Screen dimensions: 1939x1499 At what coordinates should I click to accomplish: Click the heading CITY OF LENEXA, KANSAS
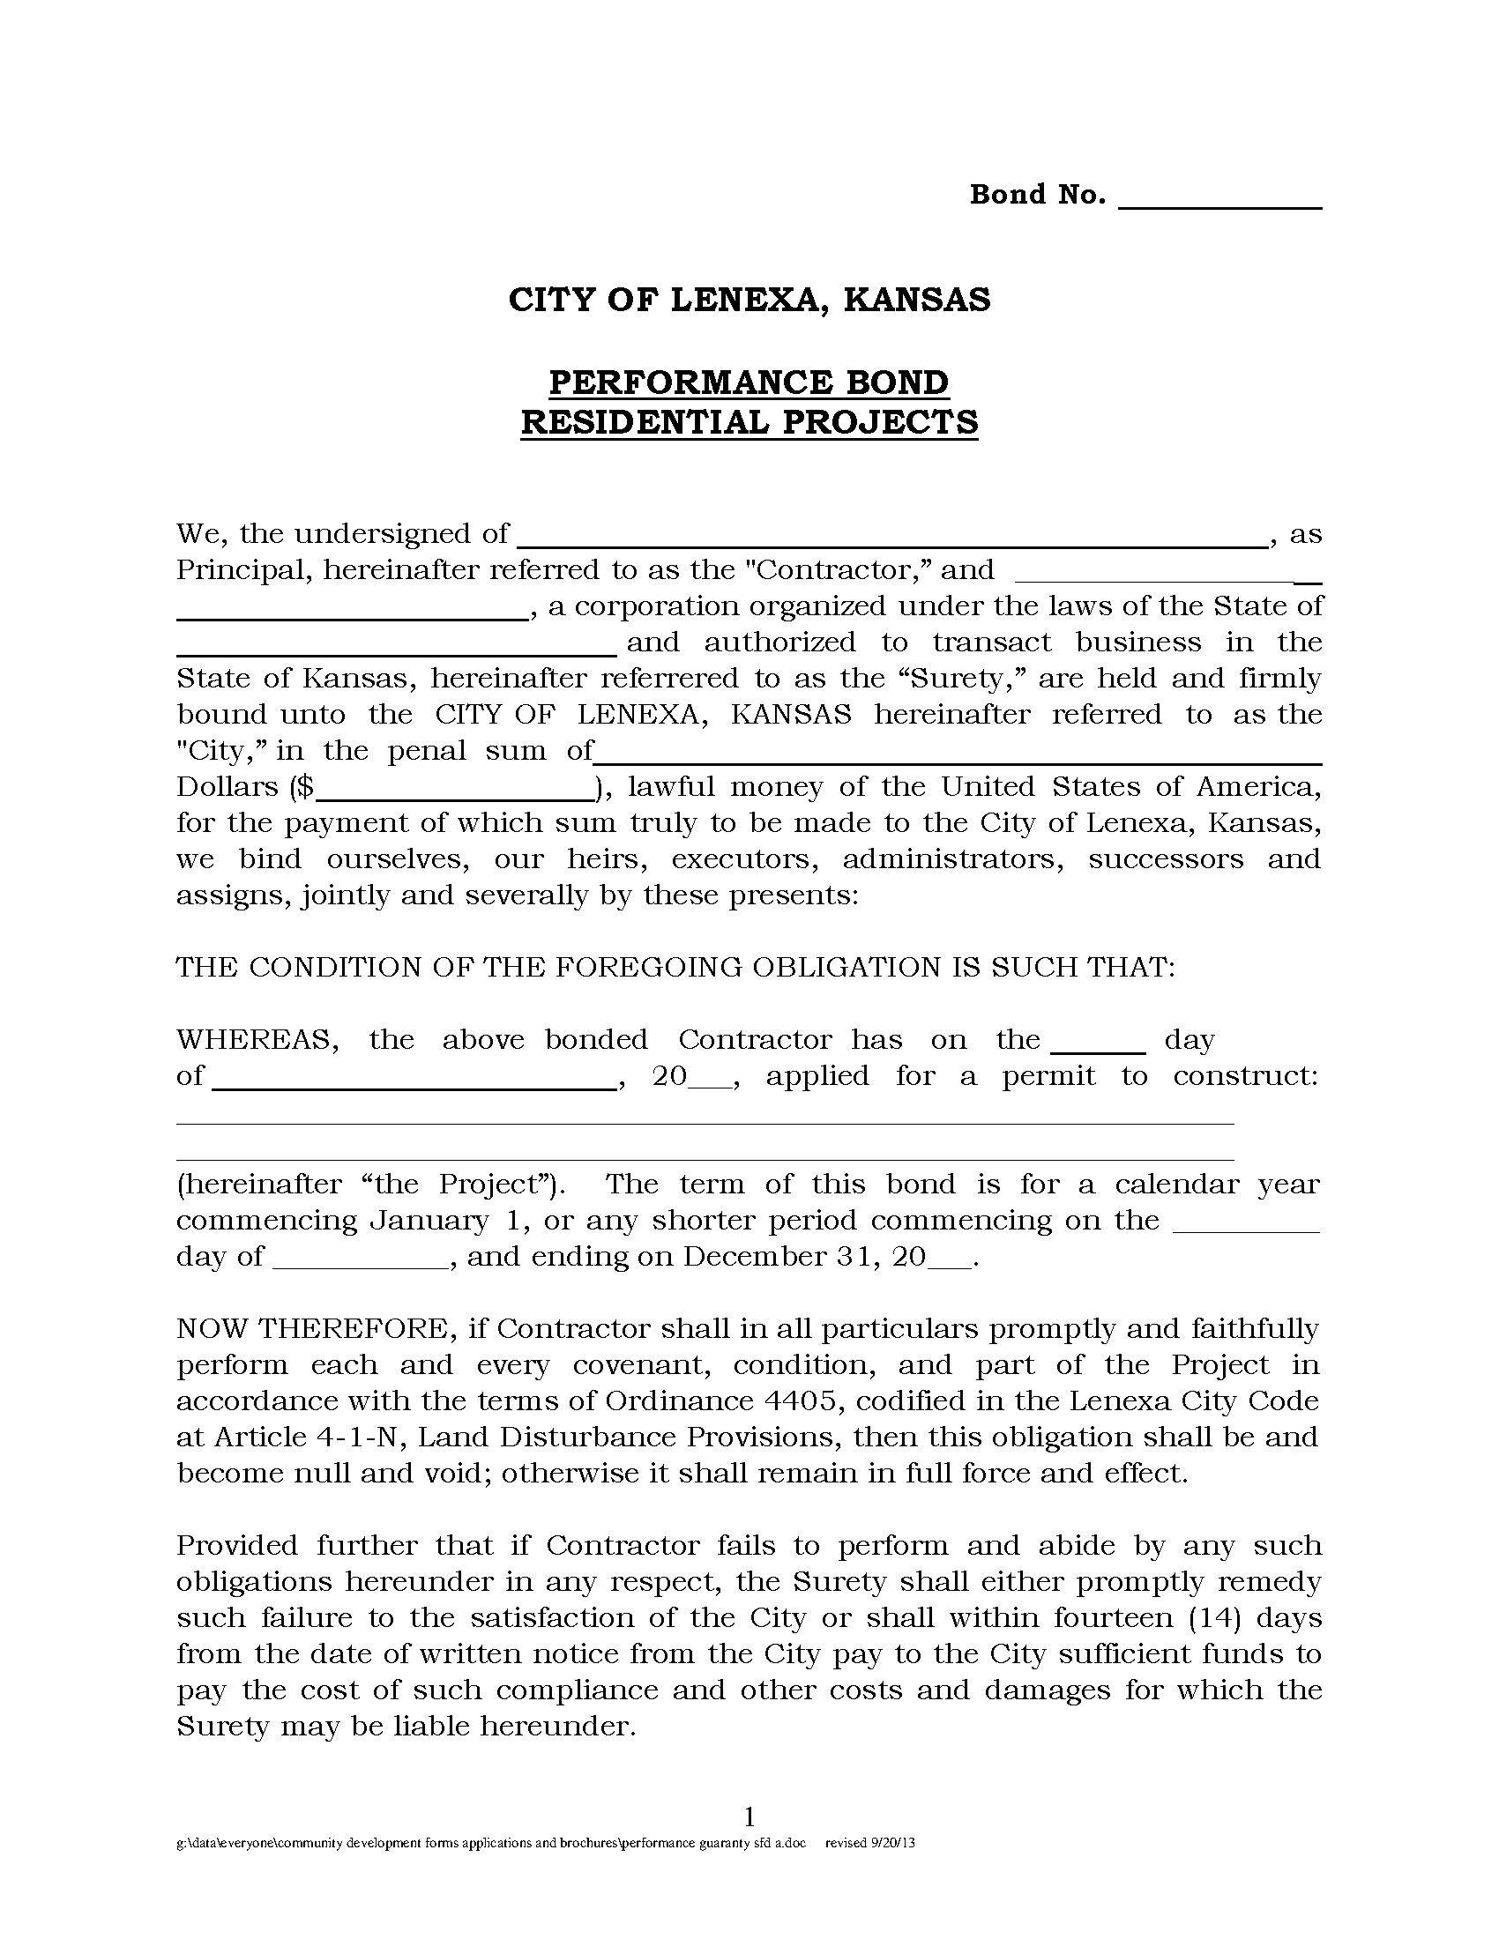(749, 300)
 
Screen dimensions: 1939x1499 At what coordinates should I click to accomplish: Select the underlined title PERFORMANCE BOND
(749, 383)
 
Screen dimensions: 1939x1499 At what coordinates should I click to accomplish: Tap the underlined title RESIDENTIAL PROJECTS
(749, 421)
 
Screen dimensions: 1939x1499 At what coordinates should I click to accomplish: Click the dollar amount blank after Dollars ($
(454, 790)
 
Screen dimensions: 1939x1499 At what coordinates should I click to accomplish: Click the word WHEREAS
(257, 1040)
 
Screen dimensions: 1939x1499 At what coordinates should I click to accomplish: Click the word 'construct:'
(1245, 1076)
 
